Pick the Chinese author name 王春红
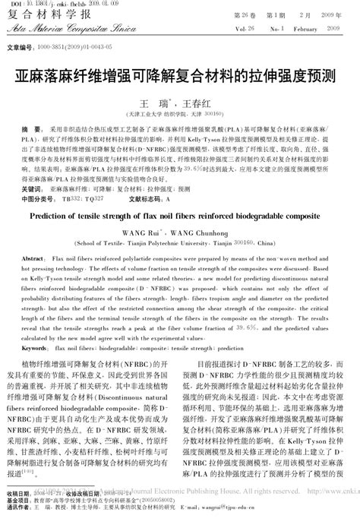pos(200,102)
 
